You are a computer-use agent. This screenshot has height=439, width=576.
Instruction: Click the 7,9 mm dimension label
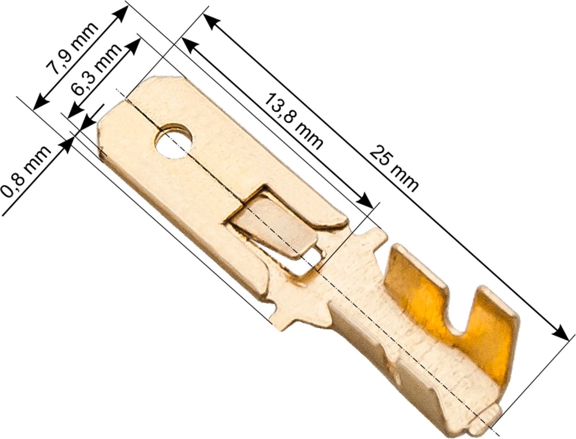point(72,48)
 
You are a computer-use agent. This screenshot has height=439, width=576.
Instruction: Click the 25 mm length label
point(394,168)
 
